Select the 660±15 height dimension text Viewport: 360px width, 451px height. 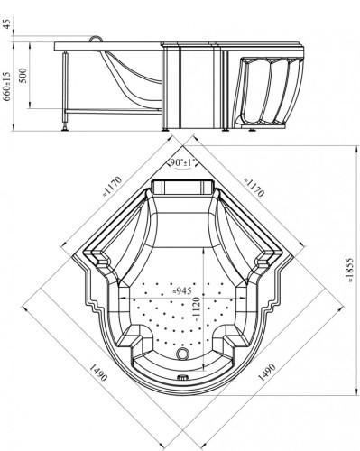point(8,87)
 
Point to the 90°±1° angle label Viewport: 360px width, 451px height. point(182,162)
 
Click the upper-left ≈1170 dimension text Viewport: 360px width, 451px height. point(112,185)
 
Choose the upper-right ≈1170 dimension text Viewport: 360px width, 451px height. point(254,187)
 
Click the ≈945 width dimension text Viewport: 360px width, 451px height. point(182,290)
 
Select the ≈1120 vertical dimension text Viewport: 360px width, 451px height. point(196,308)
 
